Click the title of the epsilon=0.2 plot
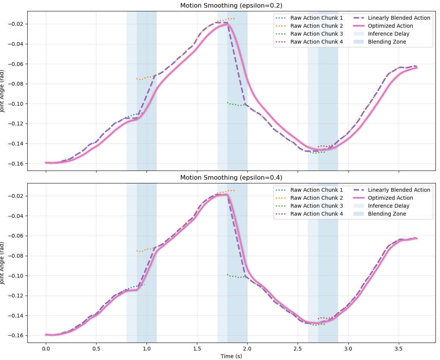point(231,5)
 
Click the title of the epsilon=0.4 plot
point(231,177)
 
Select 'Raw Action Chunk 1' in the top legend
point(317,18)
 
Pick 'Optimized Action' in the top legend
point(390,26)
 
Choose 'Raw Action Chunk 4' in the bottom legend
point(317,214)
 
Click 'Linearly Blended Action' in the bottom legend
point(399,190)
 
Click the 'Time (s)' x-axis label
point(231,356)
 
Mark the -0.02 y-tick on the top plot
point(17,24)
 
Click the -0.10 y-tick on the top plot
point(17,103)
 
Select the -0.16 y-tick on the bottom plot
point(17,335)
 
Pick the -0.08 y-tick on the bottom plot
point(17,256)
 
